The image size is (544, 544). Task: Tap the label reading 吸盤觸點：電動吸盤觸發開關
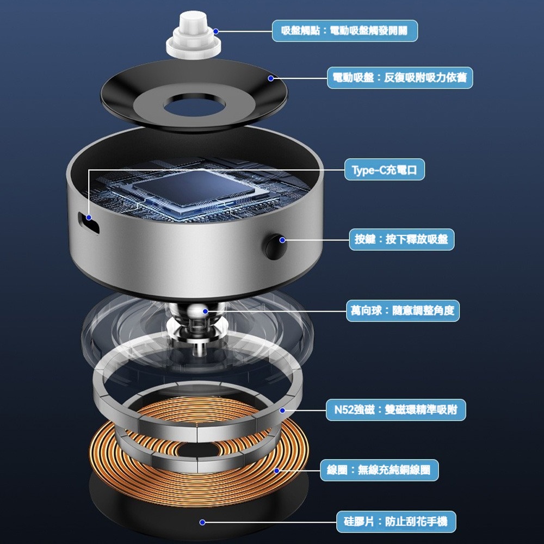click(x=345, y=31)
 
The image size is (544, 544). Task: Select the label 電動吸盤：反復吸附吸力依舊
click(x=400, y=78)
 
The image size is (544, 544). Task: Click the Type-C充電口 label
click(x=385, y=170)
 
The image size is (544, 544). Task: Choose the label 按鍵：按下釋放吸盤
click(x=401, y=239)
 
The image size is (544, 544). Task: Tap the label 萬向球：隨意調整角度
click(x=403, y=311)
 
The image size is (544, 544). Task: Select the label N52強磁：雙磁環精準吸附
click(x=396, y=410)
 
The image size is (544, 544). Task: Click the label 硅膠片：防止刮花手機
click(x=396, y=522)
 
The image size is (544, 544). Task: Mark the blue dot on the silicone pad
click(x=202, y=522)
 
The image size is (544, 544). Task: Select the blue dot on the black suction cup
click(x=270, y=79)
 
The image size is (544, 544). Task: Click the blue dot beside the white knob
click(x=216, y=32)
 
